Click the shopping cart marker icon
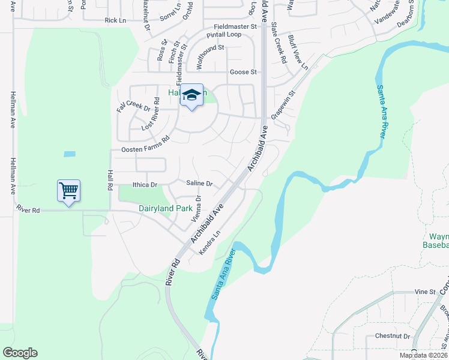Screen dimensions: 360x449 (x=68, y=191)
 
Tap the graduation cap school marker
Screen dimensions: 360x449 (x=191, y=95)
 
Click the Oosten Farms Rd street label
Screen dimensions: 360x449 (x=146, y=149)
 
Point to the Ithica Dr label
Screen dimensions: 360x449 (x=144, y=185)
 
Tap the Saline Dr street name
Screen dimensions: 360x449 (x=199, y=183)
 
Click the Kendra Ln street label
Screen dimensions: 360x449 (x=210, y=241)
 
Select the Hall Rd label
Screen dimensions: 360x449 (x=110, y=179)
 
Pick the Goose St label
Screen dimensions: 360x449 (x=243, y=72)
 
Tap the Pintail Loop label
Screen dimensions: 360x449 (x=224, y=35)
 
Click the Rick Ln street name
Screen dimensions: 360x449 (x=115, y=20)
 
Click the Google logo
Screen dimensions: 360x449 (x=20, y=353)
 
